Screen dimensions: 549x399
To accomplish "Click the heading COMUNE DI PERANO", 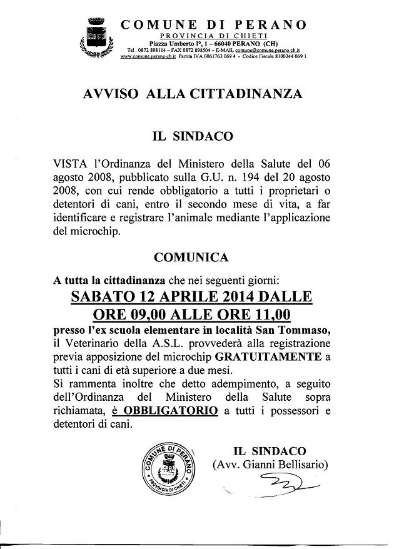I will coord(213,25).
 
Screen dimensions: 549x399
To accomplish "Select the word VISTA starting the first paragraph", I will coord(69,164).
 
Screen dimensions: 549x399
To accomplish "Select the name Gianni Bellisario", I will coord(284,464).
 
